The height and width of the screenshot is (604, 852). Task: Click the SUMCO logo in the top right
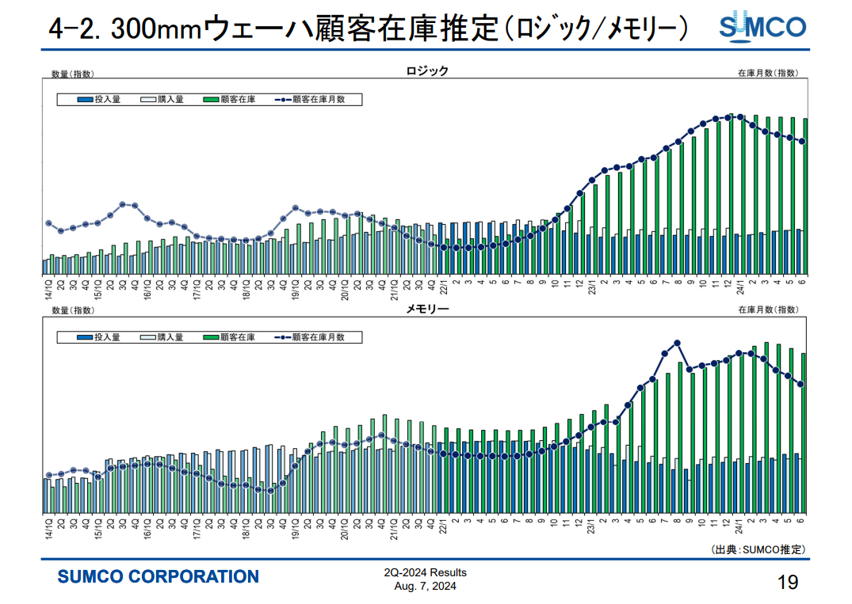pyautogui.click(x=762, y=25)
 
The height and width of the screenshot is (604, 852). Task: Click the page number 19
pyautogui.click(x=787, y=583)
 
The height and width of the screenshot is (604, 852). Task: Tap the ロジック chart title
pyautogui.click(x=427, y=71)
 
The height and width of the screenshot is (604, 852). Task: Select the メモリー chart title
pyautogui.click(x=427, y=309)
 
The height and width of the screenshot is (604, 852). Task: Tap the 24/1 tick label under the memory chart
pyautogui.click(x=739, y=523)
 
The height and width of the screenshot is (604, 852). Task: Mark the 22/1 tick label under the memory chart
pyautogui.click(x=444, y=523)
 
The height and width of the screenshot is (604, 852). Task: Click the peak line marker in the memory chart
pyautogui.click(x=678, y=343)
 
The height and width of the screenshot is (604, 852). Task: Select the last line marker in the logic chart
pyautogui.click(x=802, y=142)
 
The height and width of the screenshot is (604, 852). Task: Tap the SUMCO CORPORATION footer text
pyautogui.click(x=158, y=577)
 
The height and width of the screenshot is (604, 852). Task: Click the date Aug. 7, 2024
pyautogui.click(x=425, y=587)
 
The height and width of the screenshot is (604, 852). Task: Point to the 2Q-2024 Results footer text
pyautogui.click(x=425, y=572)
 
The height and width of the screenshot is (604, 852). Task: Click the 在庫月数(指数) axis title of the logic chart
pyautogui.click(x=767, y=73)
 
